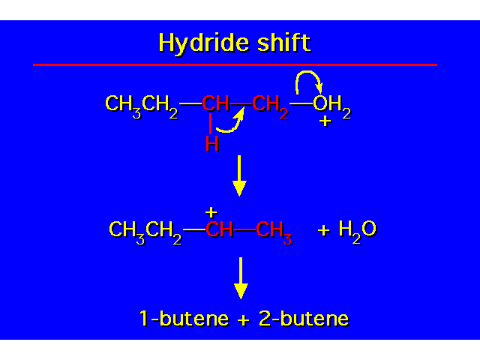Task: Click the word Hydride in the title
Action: pyautogui.click(x=204, y=43)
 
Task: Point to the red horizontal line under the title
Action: pyautogui.click(x=235, y=64)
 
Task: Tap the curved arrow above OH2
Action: pyautogui.click(x=308, y=82)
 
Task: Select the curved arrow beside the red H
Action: pyautogui.click(x=230, y=120)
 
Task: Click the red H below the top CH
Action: pyautogui.click(x=212, y=143)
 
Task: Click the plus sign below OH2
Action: pyautogui.click(x=325, y=121)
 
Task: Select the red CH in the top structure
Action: pyautogui.click(x=215, y=103)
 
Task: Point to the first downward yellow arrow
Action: pyautogui.click(x=239, y=175)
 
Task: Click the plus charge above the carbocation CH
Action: pyautogui.click(x=211, y=211)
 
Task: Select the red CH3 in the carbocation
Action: pyautogui.click(x=274, y=232)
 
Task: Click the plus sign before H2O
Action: pyautogui.click(x=324, y=230)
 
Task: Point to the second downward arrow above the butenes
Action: pyautogui.click(x=241, y=278)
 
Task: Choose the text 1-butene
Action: pyautogui.click(x=184, y=318)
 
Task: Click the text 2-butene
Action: pyautogui.click(x=304, y=318)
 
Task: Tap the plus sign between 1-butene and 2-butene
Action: pyautogui.click(x=244, y=320)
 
